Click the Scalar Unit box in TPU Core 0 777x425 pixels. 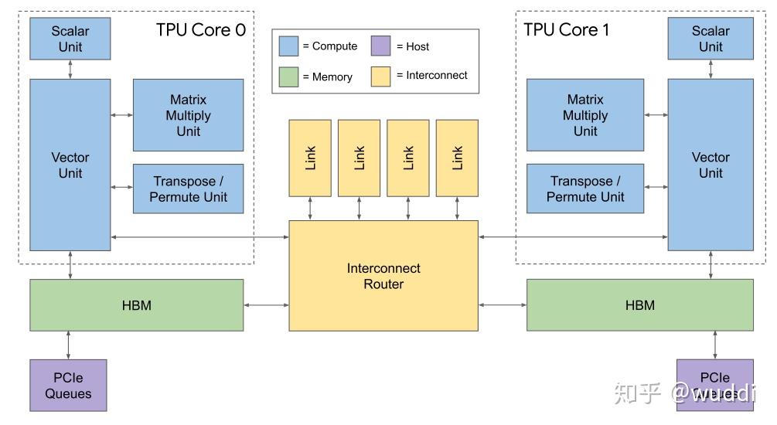click(70, 39)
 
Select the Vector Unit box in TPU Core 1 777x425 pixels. click(710, 165)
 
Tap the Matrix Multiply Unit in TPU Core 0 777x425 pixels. click(188, 115)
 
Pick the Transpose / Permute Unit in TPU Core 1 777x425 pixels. click(584, 189)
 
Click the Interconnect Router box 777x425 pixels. click(383, 276)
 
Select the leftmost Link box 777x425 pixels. click(310, 158)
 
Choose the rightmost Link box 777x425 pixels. click(457, 158)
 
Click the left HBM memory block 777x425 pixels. click(136, 305)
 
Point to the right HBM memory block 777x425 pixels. click(639, 305)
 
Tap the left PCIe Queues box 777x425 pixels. click(68, 385)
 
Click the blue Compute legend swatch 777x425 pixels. click(288, 46)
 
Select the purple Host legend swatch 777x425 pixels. click(380, 46)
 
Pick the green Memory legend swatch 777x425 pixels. click(288, 76)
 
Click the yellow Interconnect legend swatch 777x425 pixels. click(380, 76)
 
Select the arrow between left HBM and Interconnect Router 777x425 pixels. click(266, 305)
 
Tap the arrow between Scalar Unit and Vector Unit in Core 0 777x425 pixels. click(70, 69)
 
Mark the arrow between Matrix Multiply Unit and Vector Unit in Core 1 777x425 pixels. click(656, 115)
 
